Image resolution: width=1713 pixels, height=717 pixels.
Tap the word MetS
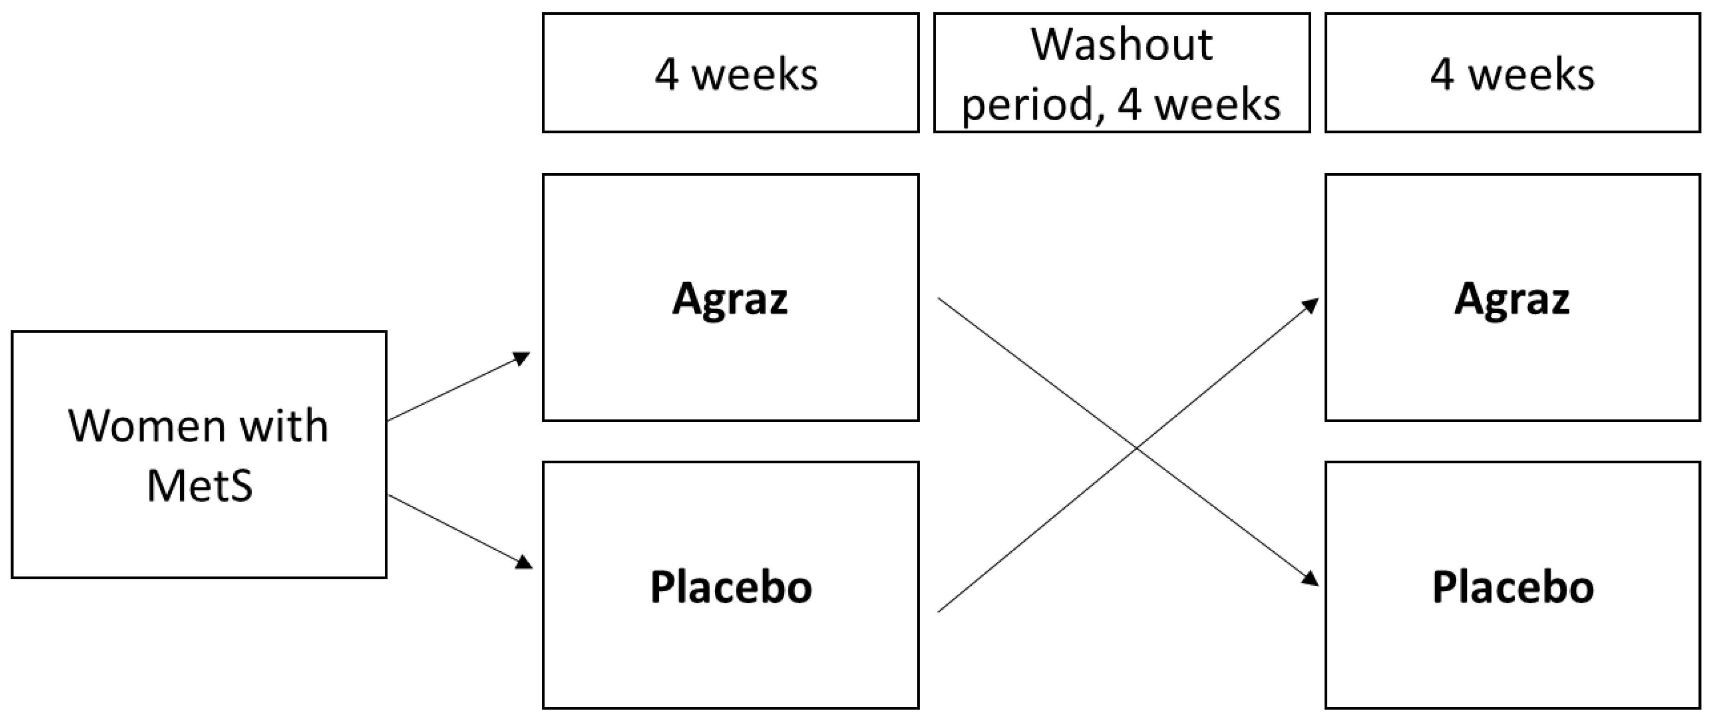200,486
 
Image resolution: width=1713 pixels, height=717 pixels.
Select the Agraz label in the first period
730,299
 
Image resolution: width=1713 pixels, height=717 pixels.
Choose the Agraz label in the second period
1512,299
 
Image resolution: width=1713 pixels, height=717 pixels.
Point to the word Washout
1122,45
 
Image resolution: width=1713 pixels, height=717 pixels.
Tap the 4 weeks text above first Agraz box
736,74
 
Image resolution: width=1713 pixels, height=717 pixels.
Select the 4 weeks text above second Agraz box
1512,74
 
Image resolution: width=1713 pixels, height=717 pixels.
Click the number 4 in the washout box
1129,105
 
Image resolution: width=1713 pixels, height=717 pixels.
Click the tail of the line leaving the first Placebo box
938,611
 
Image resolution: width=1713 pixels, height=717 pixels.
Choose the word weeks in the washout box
1217,105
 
